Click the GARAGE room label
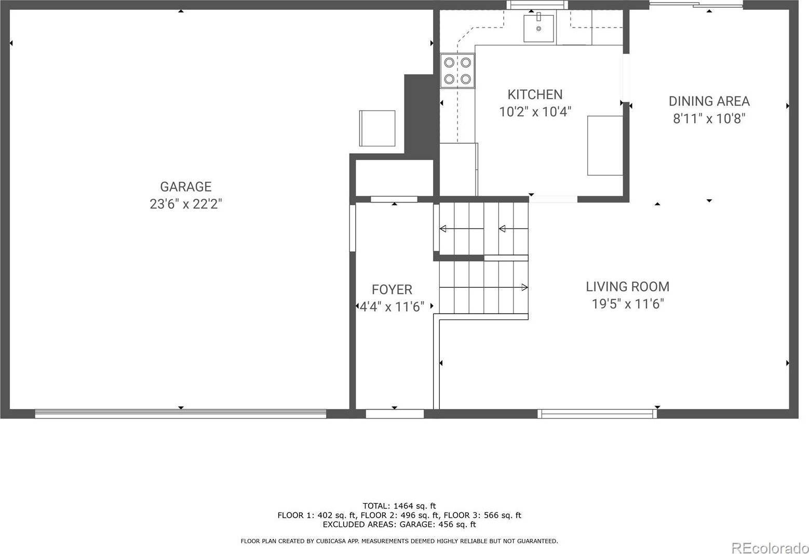point(185,186)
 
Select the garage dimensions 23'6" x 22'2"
point(185,204)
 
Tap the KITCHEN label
point(535,94)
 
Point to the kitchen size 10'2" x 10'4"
point(535,112)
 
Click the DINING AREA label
point(709,101)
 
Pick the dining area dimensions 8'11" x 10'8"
point(709,119)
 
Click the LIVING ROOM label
point(627,287)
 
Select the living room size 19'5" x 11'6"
point(627,304)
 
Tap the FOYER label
point(392,290)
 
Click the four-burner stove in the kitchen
point(457,71)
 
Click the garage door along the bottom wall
point(180,414)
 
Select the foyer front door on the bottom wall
point(395,414)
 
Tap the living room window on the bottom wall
point(597,414)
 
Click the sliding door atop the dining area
point(696,5)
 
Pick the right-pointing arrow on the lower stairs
point(524,287)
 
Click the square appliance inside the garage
point(377,128)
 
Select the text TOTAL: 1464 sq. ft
point(399,506)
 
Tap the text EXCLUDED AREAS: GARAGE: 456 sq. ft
point(399,524)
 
